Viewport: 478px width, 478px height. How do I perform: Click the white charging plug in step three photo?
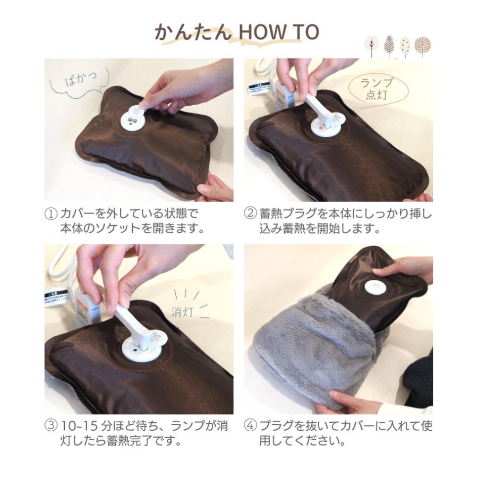pos(127,319)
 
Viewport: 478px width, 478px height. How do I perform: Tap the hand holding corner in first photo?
pos(215,189)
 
